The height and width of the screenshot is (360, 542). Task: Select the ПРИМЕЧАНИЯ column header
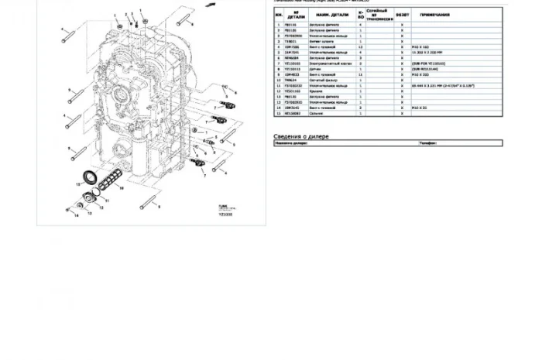click(x=435, y=15)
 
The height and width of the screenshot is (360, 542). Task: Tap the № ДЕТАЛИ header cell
click(x=291, y=15)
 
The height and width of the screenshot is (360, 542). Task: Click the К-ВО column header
click(x=361, y=15)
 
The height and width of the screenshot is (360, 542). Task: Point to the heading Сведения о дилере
click(x=301, y=136)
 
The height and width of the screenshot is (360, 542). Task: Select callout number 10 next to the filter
click(x=108, y=198)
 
